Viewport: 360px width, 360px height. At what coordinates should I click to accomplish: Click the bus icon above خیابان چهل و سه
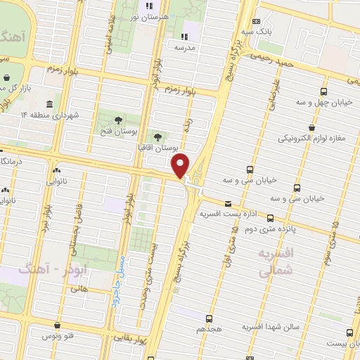(324, 91)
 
